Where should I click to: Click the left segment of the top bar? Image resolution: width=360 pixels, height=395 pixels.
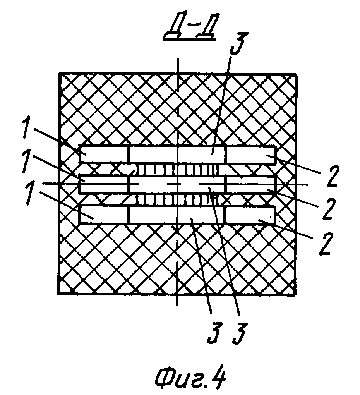pyautogui.click(x=104, y=155)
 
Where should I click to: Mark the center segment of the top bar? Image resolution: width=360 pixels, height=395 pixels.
pyautogui.click(x=177, y=155)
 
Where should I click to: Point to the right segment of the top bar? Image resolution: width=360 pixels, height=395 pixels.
pyautogui.click(x=250, y=155)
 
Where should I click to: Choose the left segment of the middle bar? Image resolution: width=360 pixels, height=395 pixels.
pyautogui.click(x=104, y=184)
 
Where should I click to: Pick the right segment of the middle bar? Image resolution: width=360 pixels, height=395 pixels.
pyautogui.click(x=250, y=184)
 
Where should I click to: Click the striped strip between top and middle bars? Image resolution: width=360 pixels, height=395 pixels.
pyautogui.click(x=176, y=170)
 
